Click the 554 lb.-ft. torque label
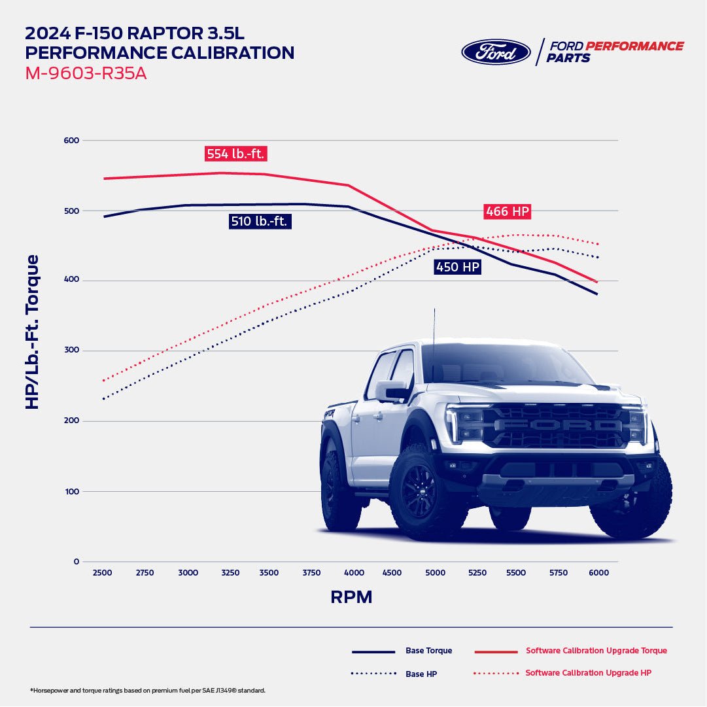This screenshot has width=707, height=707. (235, 154)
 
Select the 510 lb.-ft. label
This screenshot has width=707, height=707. (260, 222)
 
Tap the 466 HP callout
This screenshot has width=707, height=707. (507, 211)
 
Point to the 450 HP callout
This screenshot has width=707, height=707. (457, 267)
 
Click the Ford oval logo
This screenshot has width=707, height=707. (496, 52)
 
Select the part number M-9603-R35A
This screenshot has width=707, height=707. (86, 74)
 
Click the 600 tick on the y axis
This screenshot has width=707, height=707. (71, 140)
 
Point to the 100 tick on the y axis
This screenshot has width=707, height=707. (71, 491)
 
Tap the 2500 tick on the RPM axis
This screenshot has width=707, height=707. (102, 573)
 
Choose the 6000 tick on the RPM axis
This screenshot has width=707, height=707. (598, 573)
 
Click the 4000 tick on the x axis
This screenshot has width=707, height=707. (354, 573)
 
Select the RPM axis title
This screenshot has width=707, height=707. (351, 597)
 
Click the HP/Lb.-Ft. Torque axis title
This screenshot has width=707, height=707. (32, 332)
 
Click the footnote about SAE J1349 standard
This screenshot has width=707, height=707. (148, 691)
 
